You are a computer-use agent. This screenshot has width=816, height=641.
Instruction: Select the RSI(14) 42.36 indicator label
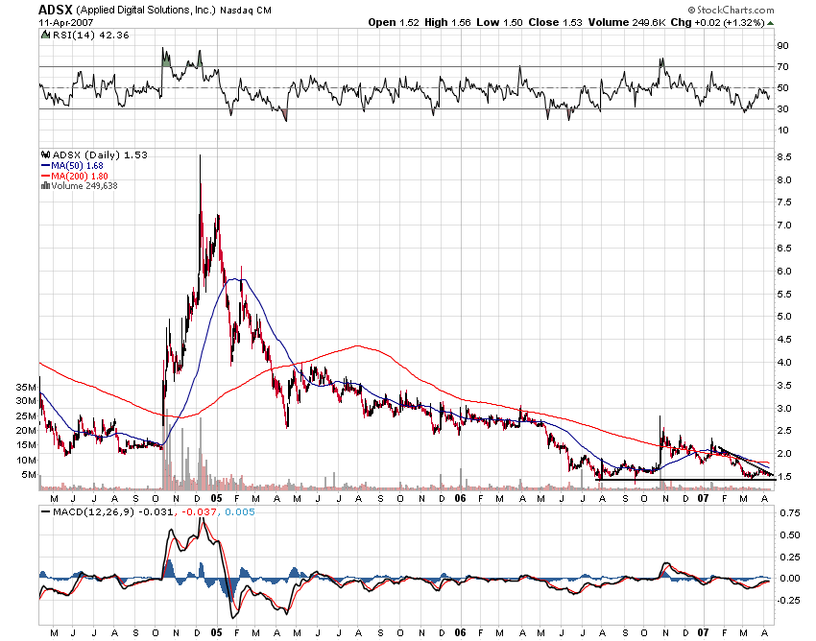[74, 35]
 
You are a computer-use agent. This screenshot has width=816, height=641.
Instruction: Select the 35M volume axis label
[25, 387]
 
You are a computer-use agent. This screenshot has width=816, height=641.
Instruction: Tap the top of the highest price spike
[200, 155]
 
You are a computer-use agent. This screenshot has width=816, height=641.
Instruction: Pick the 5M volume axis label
[28, 475]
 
